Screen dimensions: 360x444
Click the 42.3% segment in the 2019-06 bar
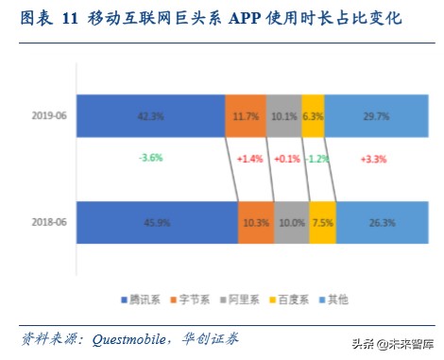coord(151,116)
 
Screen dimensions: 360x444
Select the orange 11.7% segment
coord(246,116)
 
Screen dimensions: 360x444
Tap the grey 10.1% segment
coord(283,116)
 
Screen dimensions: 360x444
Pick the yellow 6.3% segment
coord(314,116)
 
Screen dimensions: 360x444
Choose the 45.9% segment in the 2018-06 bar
coord(157,224)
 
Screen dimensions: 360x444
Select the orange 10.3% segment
coord(255,224)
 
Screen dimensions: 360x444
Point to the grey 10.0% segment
coord(291,224)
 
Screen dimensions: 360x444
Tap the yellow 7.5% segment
coord(322,224)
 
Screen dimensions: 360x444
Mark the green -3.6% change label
coord(151,158)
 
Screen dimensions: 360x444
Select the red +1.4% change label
coord(251,159)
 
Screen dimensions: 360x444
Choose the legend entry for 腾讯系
coord(140,300)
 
